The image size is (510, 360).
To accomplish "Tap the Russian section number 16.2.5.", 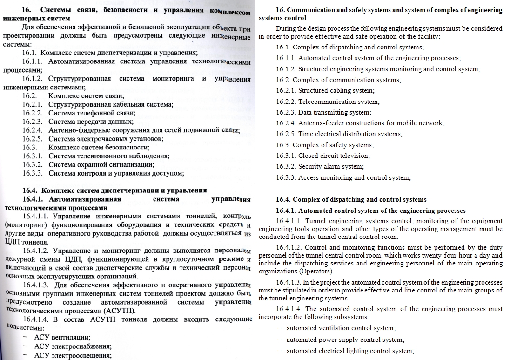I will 33,139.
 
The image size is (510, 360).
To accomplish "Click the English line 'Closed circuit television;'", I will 334,156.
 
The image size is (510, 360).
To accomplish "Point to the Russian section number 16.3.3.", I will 33,173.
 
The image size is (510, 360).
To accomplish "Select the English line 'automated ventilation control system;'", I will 341,328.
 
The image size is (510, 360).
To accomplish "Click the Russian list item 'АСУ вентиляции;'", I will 62,337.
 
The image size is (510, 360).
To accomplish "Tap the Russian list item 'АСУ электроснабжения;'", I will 73,346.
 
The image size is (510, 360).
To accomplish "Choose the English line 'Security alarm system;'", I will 331,166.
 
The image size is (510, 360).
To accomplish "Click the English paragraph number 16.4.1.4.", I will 289,309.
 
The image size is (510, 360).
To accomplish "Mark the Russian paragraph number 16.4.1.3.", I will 36,285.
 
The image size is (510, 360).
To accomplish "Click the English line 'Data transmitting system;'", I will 335,112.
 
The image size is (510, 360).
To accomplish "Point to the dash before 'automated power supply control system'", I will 280,340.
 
